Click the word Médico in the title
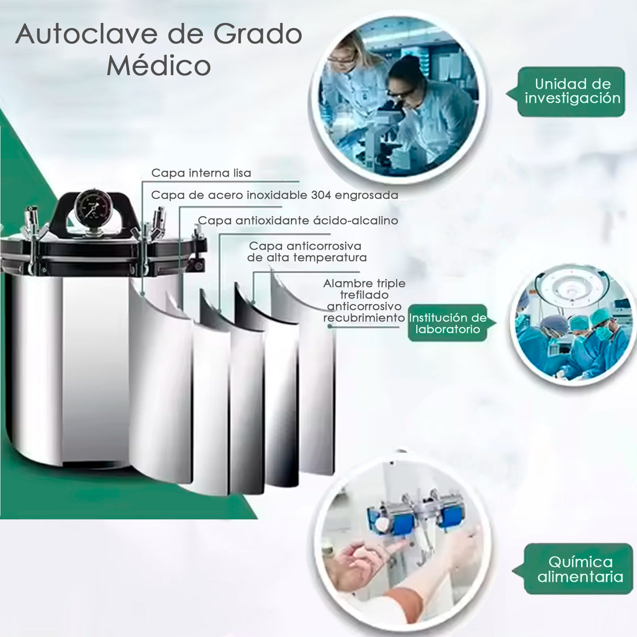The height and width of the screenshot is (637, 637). [159, 65]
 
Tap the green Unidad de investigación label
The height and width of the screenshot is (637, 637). [571, 91]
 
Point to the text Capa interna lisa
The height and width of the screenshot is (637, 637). [201, 173]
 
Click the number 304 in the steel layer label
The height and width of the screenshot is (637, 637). [321, 195]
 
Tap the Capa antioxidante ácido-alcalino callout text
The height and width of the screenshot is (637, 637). [298, 220]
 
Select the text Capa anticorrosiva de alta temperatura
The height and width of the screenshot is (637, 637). [307, 252]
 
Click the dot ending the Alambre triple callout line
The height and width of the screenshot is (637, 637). [330, 326]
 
